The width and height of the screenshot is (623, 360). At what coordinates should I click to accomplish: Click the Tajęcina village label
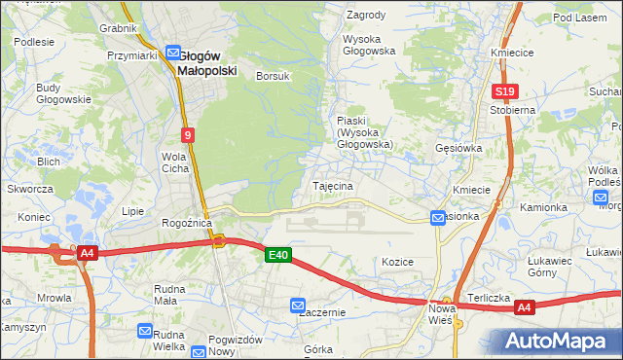point(332,185)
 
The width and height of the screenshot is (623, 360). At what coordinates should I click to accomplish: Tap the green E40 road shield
point(278,255)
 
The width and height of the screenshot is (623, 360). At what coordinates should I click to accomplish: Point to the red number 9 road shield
point(187,135)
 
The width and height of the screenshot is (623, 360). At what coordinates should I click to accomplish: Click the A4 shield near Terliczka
point(525,308)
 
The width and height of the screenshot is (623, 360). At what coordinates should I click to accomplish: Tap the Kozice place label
point(398,262)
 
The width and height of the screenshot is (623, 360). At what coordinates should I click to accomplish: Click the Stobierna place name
point(513,110)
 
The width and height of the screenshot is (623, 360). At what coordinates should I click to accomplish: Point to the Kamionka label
point(543,207)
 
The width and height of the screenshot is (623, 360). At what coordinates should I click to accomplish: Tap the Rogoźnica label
point(187,223)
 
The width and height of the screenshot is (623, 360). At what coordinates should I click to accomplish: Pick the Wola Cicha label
point(175,162)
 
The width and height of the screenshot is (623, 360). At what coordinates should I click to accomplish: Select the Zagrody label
point(366,16)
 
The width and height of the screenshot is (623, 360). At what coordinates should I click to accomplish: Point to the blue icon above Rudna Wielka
point(146,331)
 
